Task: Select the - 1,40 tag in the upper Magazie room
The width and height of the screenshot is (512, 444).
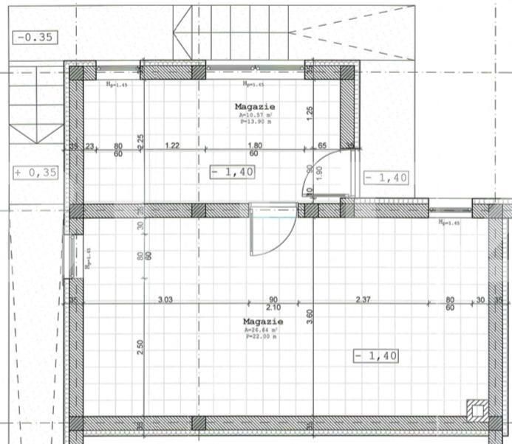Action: (232, 171)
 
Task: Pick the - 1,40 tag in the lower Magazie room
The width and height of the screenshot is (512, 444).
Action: (376, 355)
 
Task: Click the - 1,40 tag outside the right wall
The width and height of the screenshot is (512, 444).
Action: (385, 178)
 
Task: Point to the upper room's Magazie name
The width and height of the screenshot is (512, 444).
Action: (254, 107)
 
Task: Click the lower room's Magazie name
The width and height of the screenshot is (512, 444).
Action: (263, 322)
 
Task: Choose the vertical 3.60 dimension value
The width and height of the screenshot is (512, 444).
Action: (310, 316)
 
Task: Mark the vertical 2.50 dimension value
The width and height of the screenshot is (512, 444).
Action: (140, 346)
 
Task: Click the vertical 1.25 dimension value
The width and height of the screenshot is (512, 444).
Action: (310, 112)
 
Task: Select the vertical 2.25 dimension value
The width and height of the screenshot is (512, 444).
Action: (140, 139)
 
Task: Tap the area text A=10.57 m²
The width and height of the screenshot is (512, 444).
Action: (255, 116)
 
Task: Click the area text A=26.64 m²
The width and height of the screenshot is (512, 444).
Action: (263, 330)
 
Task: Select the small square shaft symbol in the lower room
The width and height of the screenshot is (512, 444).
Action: (476, 408)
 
